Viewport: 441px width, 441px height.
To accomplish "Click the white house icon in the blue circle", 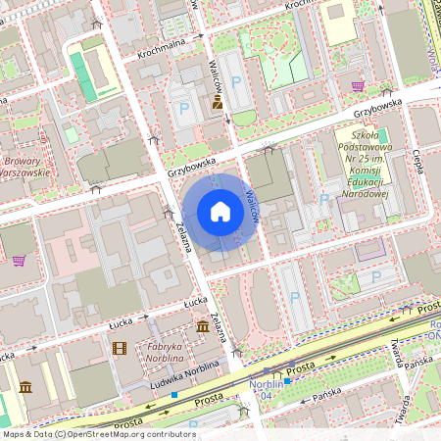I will point(220,212).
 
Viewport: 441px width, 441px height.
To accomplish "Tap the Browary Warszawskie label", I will point(28,167).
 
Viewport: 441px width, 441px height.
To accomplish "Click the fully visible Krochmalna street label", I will point(164,47).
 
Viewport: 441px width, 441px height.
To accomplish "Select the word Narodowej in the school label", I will point(365,193).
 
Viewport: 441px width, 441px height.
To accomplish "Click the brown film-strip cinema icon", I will point(120,348).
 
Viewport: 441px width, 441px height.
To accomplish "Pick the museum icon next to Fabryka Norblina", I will point(202,326).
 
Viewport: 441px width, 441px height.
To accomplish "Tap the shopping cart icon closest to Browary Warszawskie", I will point(19,261).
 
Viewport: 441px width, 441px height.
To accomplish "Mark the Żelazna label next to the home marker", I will point(178,232).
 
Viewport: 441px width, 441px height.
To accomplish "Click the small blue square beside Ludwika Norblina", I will point(173,394).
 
